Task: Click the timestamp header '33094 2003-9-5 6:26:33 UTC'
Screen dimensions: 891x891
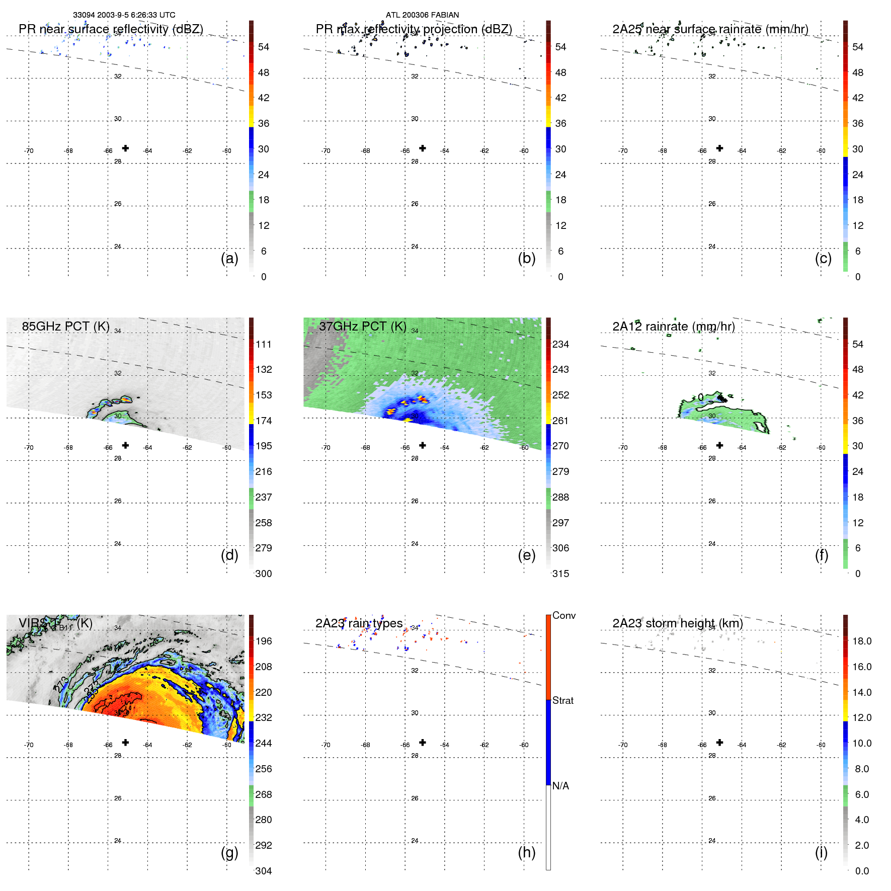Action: pyautogui.click(x=124, y=15)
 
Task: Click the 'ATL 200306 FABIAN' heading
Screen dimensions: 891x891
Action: pyautogui.click(x=422, y=15)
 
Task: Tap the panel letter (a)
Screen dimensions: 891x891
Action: pyautogui.click(x=229, y=258)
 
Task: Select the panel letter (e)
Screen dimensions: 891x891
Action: pyautogui.click(x=526, y=555)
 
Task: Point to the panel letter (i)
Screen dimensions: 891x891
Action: pyautogui.click(x=821, y=852)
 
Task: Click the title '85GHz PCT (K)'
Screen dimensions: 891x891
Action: pyautogui.click(x=65, y=327)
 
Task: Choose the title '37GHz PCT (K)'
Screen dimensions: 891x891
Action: pyautogui.click(x=362, y=327)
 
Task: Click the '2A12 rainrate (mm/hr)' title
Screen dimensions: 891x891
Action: pyautogui.click(x=674, y=327)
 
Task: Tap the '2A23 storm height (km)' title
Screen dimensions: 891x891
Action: pyautogui.click(x=677, y=623)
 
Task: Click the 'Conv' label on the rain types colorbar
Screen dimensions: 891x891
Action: pyautogui.click(x=563, y=615)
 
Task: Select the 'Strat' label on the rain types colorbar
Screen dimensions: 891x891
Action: pyautogui.click(x=562, y=700)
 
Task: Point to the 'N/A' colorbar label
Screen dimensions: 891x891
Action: pyautogui.click(x=560, y=786)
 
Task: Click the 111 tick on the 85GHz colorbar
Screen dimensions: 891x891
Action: pyautogui.click(x=264, y=344)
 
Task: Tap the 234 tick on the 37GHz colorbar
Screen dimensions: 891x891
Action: pyautogui.click(x=560, y=344)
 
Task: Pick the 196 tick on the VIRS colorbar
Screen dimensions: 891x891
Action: pyautogui.click(x=264, y=641)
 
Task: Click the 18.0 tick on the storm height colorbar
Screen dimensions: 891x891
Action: pyautogui.click(x=861, y=641)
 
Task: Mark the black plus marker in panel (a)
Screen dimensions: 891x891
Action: pyautogui.click(x=125, y=148)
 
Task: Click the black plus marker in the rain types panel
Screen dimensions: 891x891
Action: pyautogui.click(x=423, y=742)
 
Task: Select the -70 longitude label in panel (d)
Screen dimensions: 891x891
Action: pyautogui.click(x=29, y=448)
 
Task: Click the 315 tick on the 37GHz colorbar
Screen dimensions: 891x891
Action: pyautogui.click(x=560, y=574)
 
